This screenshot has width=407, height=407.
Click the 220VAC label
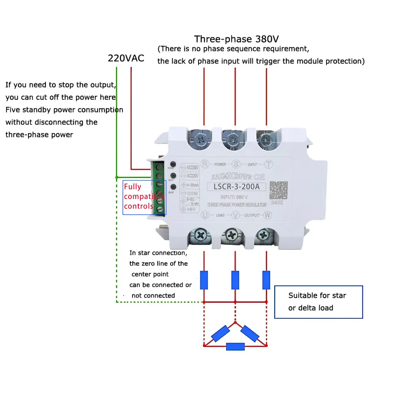(126, 58)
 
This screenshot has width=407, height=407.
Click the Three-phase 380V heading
(236, 39)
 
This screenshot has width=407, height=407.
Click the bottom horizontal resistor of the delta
(235, 346)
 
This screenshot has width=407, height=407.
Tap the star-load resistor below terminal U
(204, 280)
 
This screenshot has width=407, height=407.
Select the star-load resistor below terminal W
(266, 280)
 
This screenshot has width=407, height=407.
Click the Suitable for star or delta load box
(318, 302)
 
